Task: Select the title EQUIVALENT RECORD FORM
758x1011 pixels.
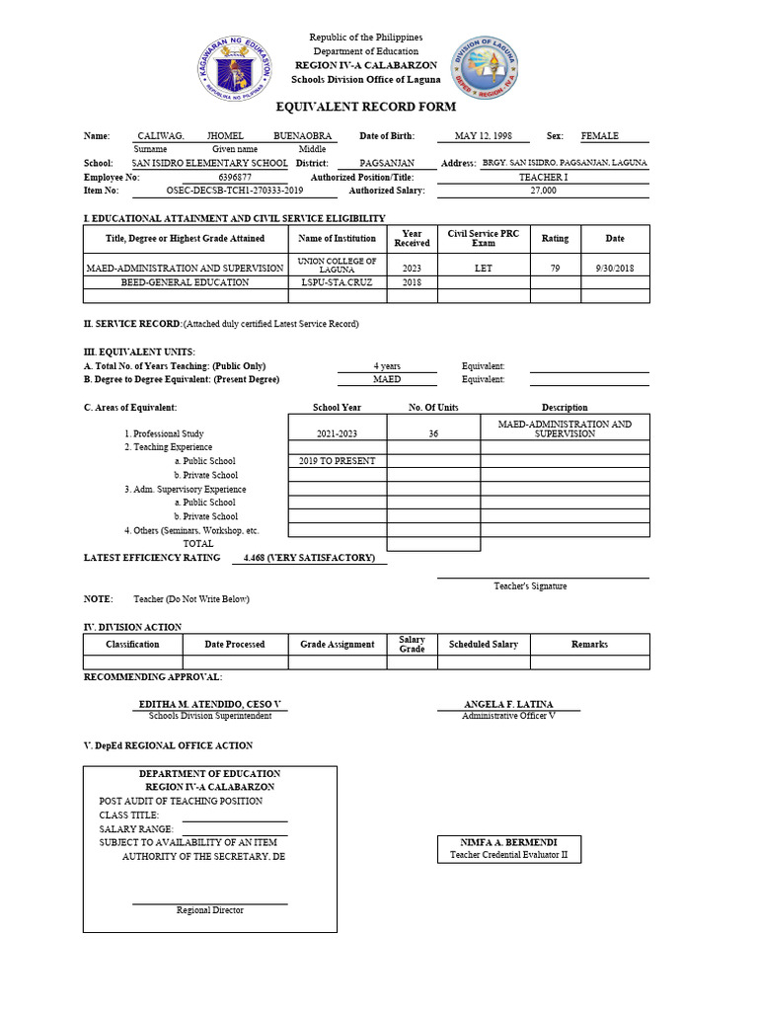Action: click(378, 107)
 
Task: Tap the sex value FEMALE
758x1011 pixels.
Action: click(600, 136)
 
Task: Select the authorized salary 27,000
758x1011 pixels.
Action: click(543, 191)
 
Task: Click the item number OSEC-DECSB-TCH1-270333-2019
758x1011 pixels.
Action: click(234, 191)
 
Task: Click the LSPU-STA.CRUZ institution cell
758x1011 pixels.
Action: click(337, 281)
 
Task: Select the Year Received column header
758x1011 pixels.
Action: click(412, 238)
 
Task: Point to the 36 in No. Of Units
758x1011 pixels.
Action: click(432, 433)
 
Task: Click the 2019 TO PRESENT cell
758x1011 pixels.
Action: click(337, 461)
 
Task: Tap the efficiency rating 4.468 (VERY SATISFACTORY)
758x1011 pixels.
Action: click(309, 558)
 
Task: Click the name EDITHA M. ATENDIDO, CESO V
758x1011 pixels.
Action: click(209, 704)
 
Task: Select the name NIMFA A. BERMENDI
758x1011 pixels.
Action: click(508, 842)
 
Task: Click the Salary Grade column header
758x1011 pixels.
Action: click(412, 644)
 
